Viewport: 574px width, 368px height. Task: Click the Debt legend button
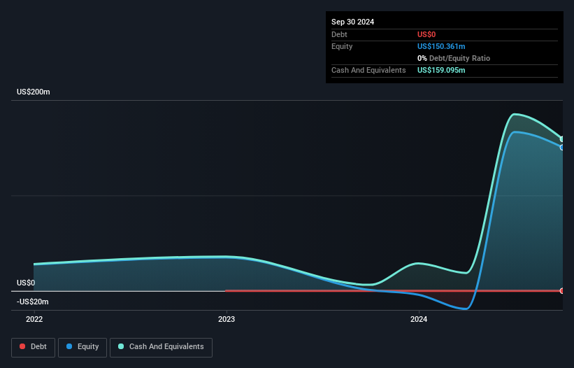pyautogui.click(x=32, y=346)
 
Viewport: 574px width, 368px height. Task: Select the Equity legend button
pyautogui.click(x=82, y=346)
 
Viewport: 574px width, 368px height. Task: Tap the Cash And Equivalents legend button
pyautogui.click(x=161, y=346)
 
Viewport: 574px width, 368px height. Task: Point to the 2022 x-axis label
pyautogui.click(x=34, y=319)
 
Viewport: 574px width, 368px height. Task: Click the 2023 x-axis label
pyautogui.click(x=227, y=319)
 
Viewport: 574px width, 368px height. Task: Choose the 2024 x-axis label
pyautogui.click(x=419, y=319)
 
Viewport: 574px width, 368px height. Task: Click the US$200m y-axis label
pyautogui.click(x=34, y=92)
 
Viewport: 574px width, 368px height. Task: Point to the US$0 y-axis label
pyautogui.click(x=26, y=283)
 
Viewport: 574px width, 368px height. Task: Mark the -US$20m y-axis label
pyautogui.click(x=33, y=302)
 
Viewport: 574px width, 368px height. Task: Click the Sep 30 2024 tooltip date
pyautogui.click(x=353, y=22)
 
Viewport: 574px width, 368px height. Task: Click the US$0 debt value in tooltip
pyautogui.click(x=426, y=34)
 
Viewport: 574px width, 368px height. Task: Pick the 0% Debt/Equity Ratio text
pyautogui.click(x=453, y=58)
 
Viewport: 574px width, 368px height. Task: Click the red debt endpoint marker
pyautogui.click(x=561, y=290)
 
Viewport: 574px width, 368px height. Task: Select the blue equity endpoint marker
pyautogui.click(x=561, y=147)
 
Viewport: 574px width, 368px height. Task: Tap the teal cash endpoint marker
pyautogui.click(x=561, y=139)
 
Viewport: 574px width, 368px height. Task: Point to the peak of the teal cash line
pyautogui.click(x=516, y=114)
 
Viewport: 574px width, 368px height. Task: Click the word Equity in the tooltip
pyautogui.click(x=342, y=46)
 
